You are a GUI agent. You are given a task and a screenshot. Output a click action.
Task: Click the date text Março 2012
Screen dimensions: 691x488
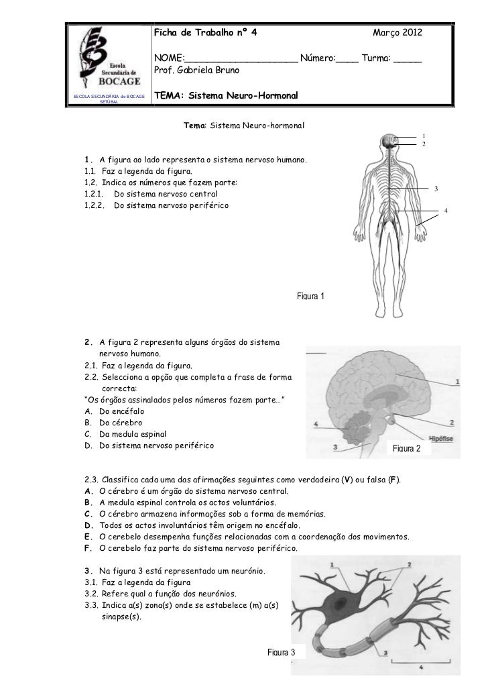398,33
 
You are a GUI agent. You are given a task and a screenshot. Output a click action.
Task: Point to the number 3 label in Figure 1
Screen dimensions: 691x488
436,189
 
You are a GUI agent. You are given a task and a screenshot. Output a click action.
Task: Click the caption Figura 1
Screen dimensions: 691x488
310,296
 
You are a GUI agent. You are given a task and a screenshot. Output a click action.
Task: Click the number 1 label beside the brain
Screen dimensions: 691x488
456,381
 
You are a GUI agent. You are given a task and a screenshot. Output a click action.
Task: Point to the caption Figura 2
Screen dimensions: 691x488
408,447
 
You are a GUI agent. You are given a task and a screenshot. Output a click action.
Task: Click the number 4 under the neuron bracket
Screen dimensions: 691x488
420,668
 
